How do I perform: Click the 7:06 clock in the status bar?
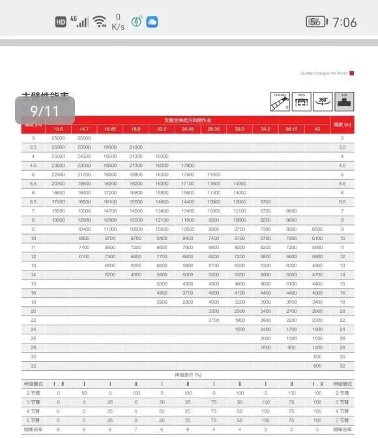(x=344, y=22)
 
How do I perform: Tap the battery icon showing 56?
(x=315, y=22)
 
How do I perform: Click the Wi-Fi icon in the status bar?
(x=99, y=22)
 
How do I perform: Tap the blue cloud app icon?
(x=153, y=22)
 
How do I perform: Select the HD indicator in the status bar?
(x=61, y=22)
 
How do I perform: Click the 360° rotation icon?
(x=323, y=101)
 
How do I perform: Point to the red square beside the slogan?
(x=352, y=73)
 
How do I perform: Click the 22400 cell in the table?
(x=59, y=175)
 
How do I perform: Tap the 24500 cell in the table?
(x=84, y=156)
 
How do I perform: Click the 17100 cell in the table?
(x=188, y=184)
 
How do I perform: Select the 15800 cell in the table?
(x=59, y=211)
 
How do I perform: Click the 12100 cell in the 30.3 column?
(x=239, y=211)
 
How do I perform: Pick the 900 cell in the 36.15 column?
(x=291, y=347)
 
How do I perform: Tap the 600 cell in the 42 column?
(x=317, y=366)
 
